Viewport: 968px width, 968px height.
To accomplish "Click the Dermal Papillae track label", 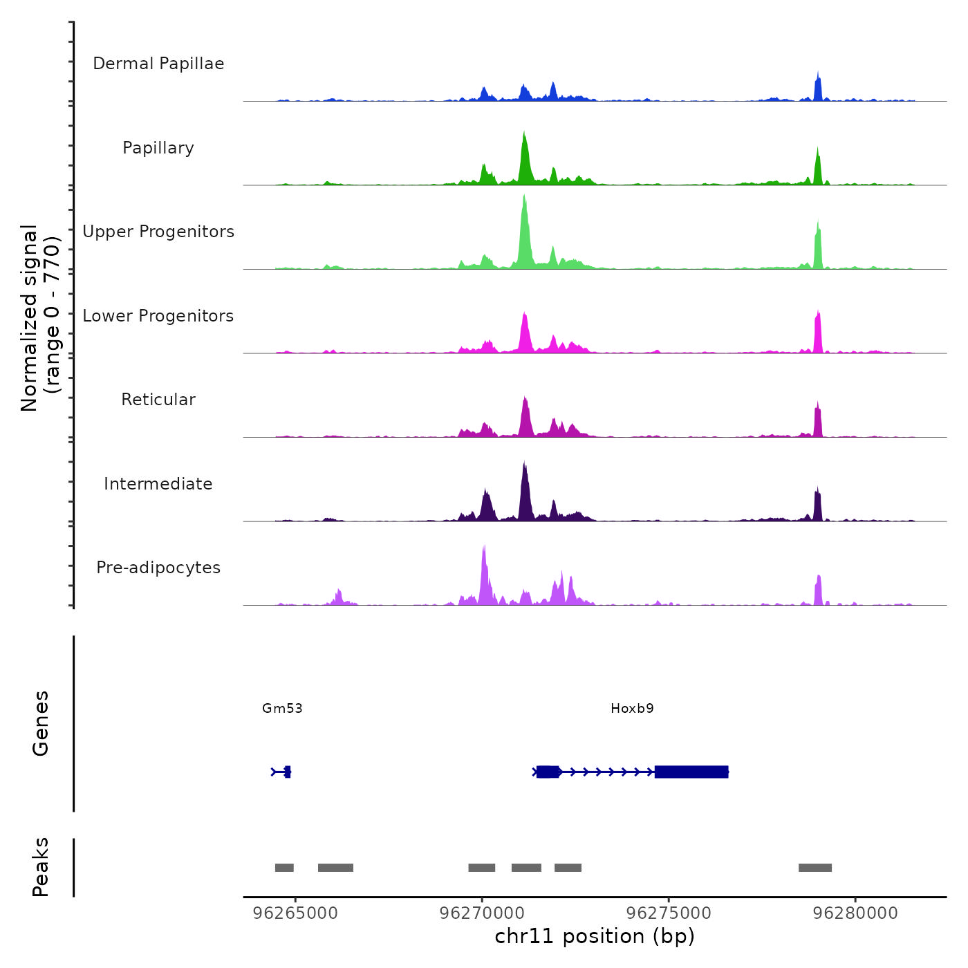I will [x=158, y=64].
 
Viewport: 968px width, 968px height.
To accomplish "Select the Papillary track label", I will [x=158, y=148].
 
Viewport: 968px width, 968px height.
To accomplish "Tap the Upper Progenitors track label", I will [x=158, y=232].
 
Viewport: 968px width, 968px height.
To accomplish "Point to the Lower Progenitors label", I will [x=158, y=316].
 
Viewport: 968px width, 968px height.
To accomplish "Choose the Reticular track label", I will [x=158, y=400].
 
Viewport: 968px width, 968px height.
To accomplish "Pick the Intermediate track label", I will [x=158, y=484].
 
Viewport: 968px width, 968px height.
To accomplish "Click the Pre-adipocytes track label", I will [x=158, y=568].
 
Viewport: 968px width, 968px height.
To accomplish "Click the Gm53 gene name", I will [x=282, y=708].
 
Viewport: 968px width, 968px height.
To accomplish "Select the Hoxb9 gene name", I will [x=632, y=708].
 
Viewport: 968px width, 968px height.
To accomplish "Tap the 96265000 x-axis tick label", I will [x=296, y=913].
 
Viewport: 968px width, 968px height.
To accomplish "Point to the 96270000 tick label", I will [x=482, y=913].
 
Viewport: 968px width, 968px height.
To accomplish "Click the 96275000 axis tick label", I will [x=669, y=913].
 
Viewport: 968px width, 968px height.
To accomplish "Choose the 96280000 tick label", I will [x=855, y=913].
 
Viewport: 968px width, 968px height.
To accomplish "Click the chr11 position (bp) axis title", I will [x=595, y=936].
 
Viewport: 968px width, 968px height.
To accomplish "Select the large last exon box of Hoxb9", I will [x=691, y=772].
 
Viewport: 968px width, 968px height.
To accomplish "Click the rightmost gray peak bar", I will [x=815, y=868].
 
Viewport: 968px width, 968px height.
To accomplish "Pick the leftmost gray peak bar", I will [x=284, y=868].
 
